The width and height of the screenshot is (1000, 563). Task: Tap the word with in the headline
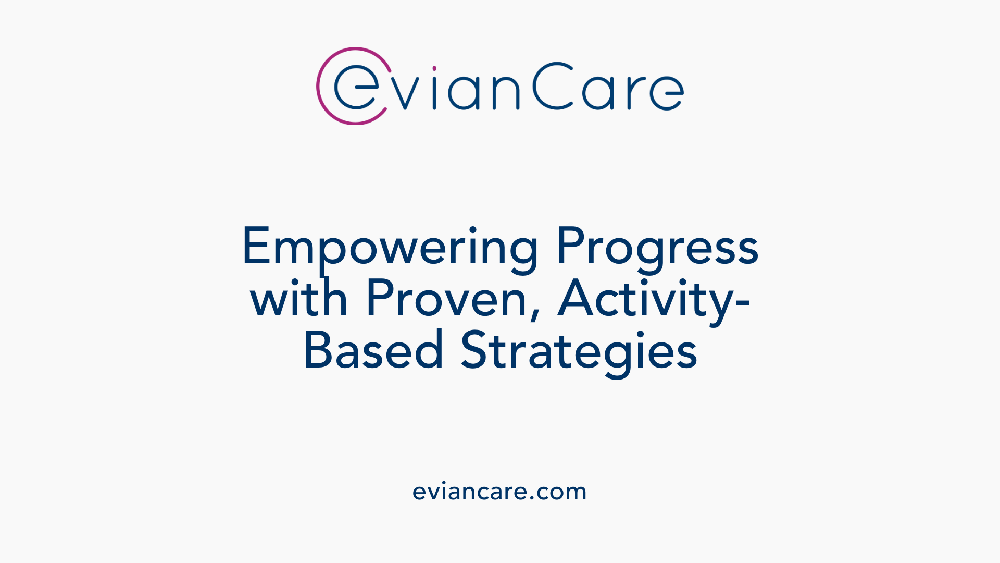298,299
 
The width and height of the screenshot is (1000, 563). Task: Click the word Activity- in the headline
654,299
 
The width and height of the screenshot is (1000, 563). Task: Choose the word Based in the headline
373,350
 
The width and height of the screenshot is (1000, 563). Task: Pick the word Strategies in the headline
579,350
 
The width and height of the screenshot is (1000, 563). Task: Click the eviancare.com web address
499,492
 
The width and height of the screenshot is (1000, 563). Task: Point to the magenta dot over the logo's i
434,68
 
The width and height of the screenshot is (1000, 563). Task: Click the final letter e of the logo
667,93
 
